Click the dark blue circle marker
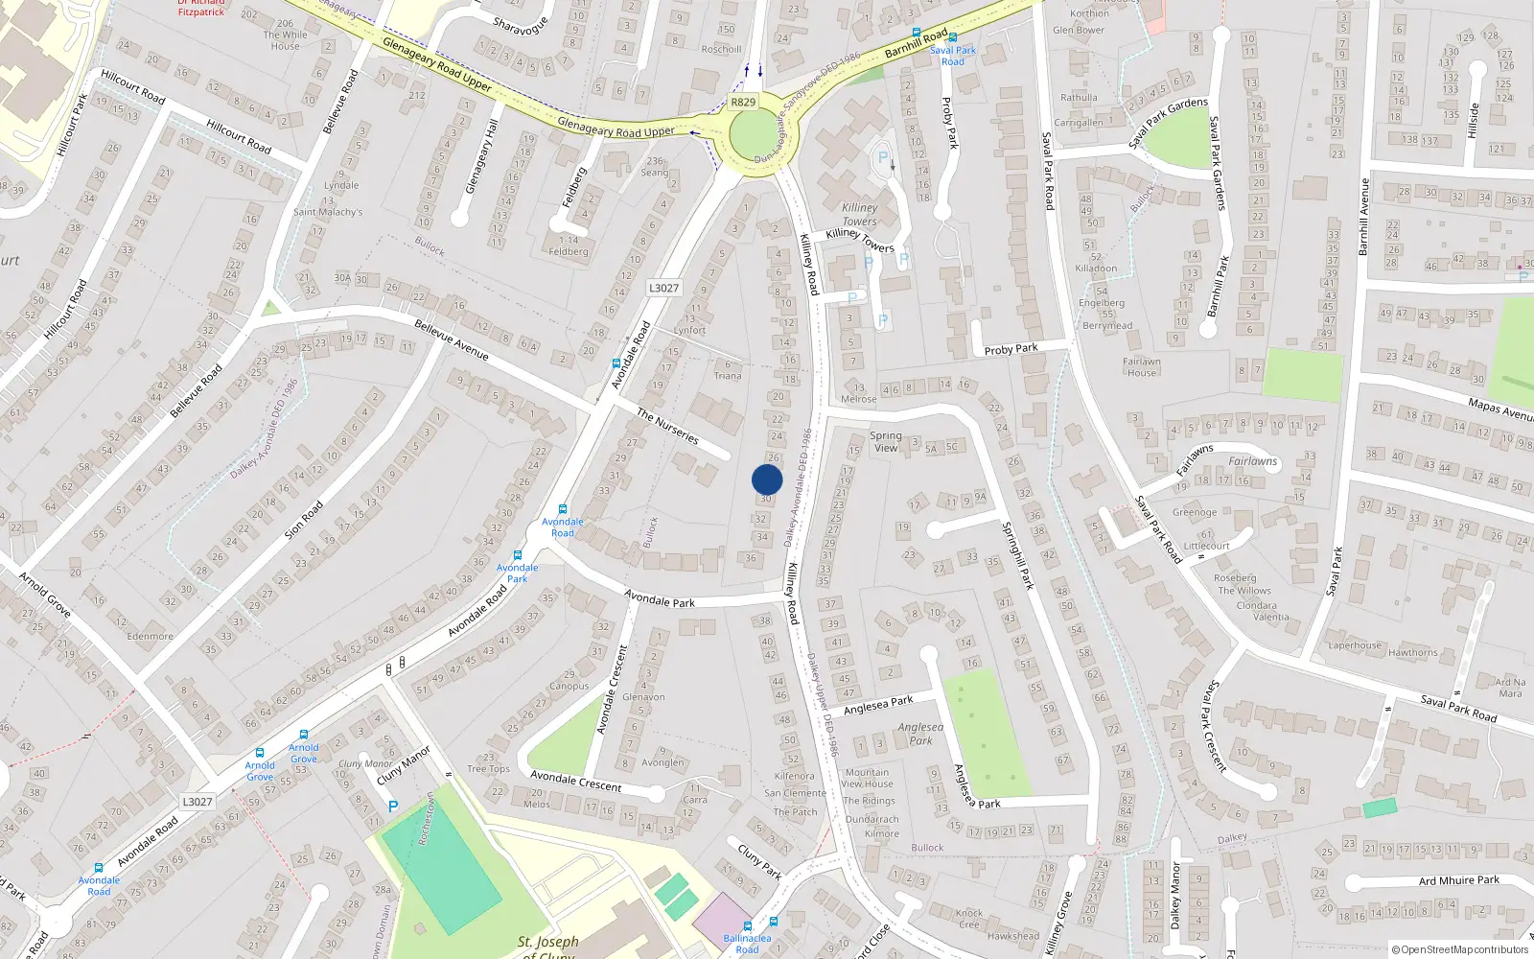767,479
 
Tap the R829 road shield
743,102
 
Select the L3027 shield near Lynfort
663,288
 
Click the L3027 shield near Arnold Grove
198,802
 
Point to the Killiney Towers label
859,214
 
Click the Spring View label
885,441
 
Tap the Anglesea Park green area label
920,734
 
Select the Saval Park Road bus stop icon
952,37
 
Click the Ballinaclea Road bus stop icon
774,923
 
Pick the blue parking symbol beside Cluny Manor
393,807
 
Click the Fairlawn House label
1142,367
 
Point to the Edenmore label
151,636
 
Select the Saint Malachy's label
328,212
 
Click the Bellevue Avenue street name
452,339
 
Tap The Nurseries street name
668,426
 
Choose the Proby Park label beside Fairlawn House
1011,349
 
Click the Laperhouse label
1355,645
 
